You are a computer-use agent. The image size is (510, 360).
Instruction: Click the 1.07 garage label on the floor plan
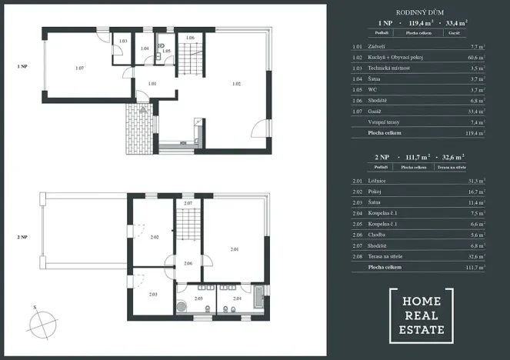tap(80, 68)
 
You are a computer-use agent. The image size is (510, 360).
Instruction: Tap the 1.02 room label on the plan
tap(235, 82)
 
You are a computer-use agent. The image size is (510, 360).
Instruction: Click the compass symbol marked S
tap(45, 318)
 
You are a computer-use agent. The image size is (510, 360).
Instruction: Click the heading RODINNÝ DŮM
tap(418, 13)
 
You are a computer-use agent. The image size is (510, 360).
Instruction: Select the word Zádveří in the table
tap(378, 47)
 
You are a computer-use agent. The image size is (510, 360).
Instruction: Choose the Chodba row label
tap(378, 234)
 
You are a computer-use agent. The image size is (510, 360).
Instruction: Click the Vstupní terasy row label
tap(385, 122)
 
